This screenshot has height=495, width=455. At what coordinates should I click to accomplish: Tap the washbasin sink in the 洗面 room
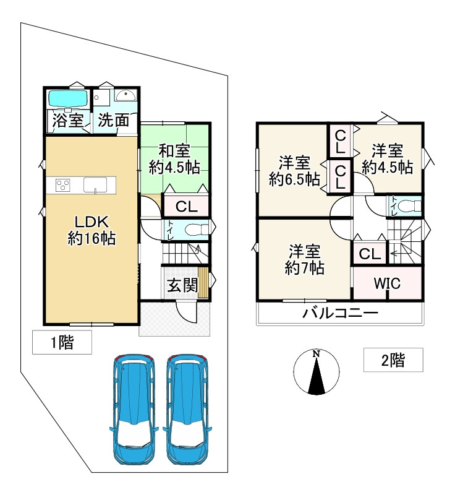click(127, 97)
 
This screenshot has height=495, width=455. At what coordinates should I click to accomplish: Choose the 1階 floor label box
click(62, 342)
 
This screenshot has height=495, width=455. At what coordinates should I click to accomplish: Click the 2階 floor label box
click(393, 359)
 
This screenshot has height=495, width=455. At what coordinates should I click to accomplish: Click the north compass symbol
click(316, 372)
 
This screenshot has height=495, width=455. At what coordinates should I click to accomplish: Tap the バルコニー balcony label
click(340, 313)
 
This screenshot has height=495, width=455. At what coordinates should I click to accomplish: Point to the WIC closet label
click(387, 283)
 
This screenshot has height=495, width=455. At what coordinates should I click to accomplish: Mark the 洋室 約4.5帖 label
click(388, 158)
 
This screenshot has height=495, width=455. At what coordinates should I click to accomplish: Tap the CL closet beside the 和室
click(185, 206)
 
